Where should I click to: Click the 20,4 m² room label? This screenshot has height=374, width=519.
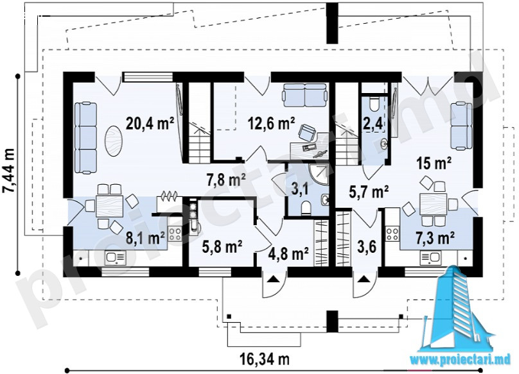(x=150, y=124)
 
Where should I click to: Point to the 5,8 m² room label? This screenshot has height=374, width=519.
(x=222, y=246)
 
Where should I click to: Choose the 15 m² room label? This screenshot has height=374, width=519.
(x=434, y=163)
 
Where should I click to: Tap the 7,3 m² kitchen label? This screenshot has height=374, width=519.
(x=434, y=238)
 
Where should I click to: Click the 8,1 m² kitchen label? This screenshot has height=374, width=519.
(x=145, y=238)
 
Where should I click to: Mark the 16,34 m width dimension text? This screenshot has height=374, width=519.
(x=265, y=359)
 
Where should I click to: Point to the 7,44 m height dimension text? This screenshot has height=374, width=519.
(x=8, y=170)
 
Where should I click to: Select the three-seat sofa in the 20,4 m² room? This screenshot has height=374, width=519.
(x=85, y=137)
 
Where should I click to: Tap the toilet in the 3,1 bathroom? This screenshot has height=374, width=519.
(x=306, y=208)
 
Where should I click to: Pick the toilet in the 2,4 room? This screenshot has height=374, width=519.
(x=374, y=103)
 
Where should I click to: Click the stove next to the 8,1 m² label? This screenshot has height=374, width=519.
(x=175, y=234)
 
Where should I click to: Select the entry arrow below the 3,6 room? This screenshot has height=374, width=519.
(x=364, y=280)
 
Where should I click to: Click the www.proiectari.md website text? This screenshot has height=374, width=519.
(x=461, y=359)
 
